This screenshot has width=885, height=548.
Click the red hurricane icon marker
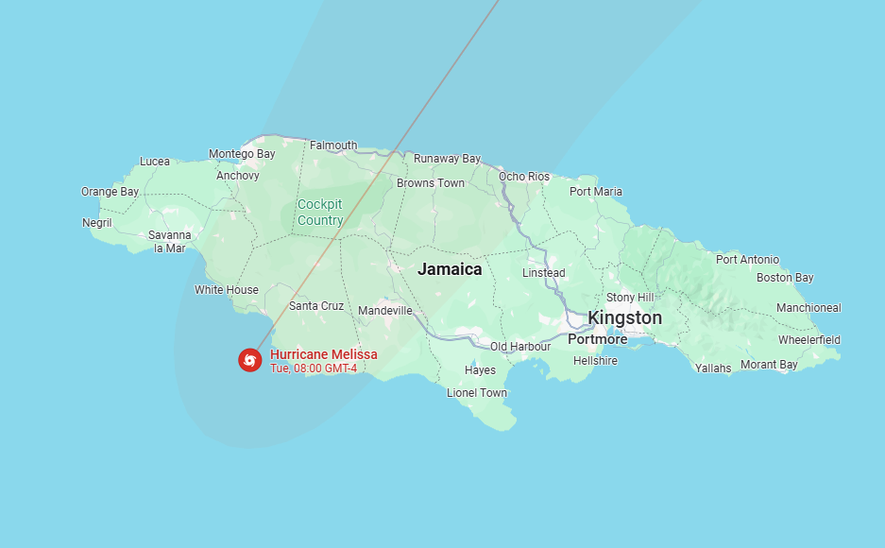tap(249, 359)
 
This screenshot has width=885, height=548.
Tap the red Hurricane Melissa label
tap(323, 354)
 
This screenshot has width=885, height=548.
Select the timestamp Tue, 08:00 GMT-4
tap(314, 368)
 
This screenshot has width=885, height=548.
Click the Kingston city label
tap(624, 318)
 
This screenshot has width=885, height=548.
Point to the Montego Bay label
tap(242, 154)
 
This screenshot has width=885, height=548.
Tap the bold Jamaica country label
tap(450, 269)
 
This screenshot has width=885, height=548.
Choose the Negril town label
tap(97, 223)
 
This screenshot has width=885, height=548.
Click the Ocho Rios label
tap(524, 177)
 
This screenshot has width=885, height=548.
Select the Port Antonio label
tap(747, 259)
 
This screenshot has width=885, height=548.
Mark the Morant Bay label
tap(769, 365)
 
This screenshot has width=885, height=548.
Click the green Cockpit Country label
tap(320, 213)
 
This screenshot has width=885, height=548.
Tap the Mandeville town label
tap(385, 311)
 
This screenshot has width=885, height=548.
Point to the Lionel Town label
tap(477, 393)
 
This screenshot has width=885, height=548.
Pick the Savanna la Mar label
tap(170, 241)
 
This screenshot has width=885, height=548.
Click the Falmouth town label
tap(333, 146)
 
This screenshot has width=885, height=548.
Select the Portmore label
tap(597, 339)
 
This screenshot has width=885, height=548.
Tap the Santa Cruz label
tap(316, 306)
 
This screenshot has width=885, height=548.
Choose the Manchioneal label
tap(808, 308)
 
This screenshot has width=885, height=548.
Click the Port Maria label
tap(596, 192)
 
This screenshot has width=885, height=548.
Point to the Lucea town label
tap(155, 162)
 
